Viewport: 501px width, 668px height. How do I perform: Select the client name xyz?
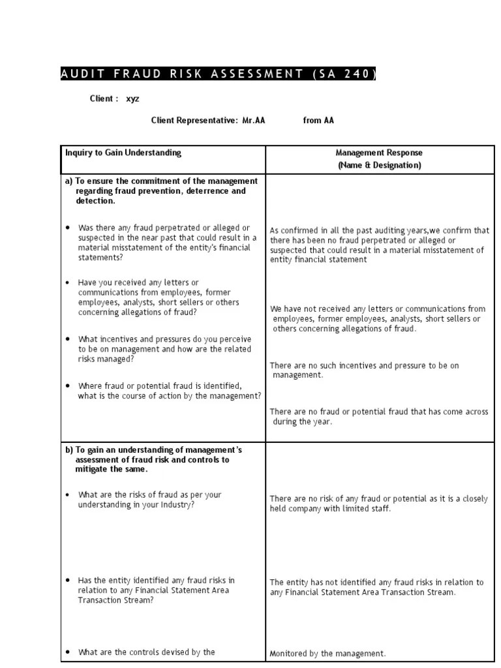point(132,99)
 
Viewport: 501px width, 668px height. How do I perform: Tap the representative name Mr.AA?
point(254,121)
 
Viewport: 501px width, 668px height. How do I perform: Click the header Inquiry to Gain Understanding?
point(123,153)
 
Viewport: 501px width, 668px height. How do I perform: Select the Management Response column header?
point(379,153)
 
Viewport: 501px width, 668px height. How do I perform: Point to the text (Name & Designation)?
point(379,165)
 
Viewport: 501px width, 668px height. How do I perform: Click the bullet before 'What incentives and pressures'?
point(68,339)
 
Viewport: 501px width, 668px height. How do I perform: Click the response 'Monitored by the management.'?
point(328,653)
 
